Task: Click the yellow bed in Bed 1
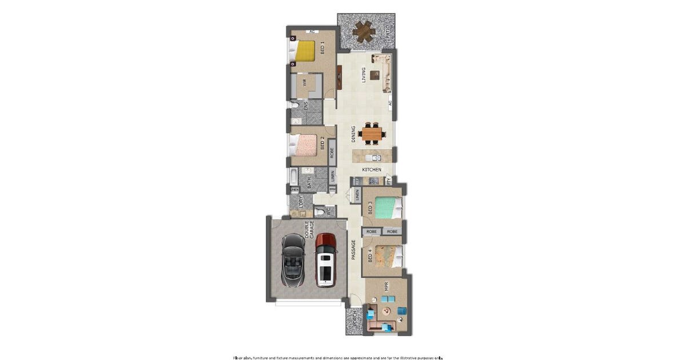pyautogui.click(x=305, y=51)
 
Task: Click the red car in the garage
pyautogui.click(x=325, y=259)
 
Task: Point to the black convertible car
pyautogui.click(x=293, y=262)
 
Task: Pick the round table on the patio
pyautogui.click(x=364, y=32)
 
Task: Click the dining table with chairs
pyautogui.click(x=372, y=134)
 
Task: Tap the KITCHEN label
pyautogui.click(x=372, y=170)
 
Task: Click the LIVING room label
pyautogui.click(x=363, y=75)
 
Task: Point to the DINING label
pyautogui.click(x=354, y=134)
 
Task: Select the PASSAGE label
pyautogui.click(x=354, y=250)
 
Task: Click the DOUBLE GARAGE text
pyautogui.click(x=309, y=230)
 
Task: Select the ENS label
pyautogui.click(x=306, y=107)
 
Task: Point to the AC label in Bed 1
pyautogui.click(x=312, y=31)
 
